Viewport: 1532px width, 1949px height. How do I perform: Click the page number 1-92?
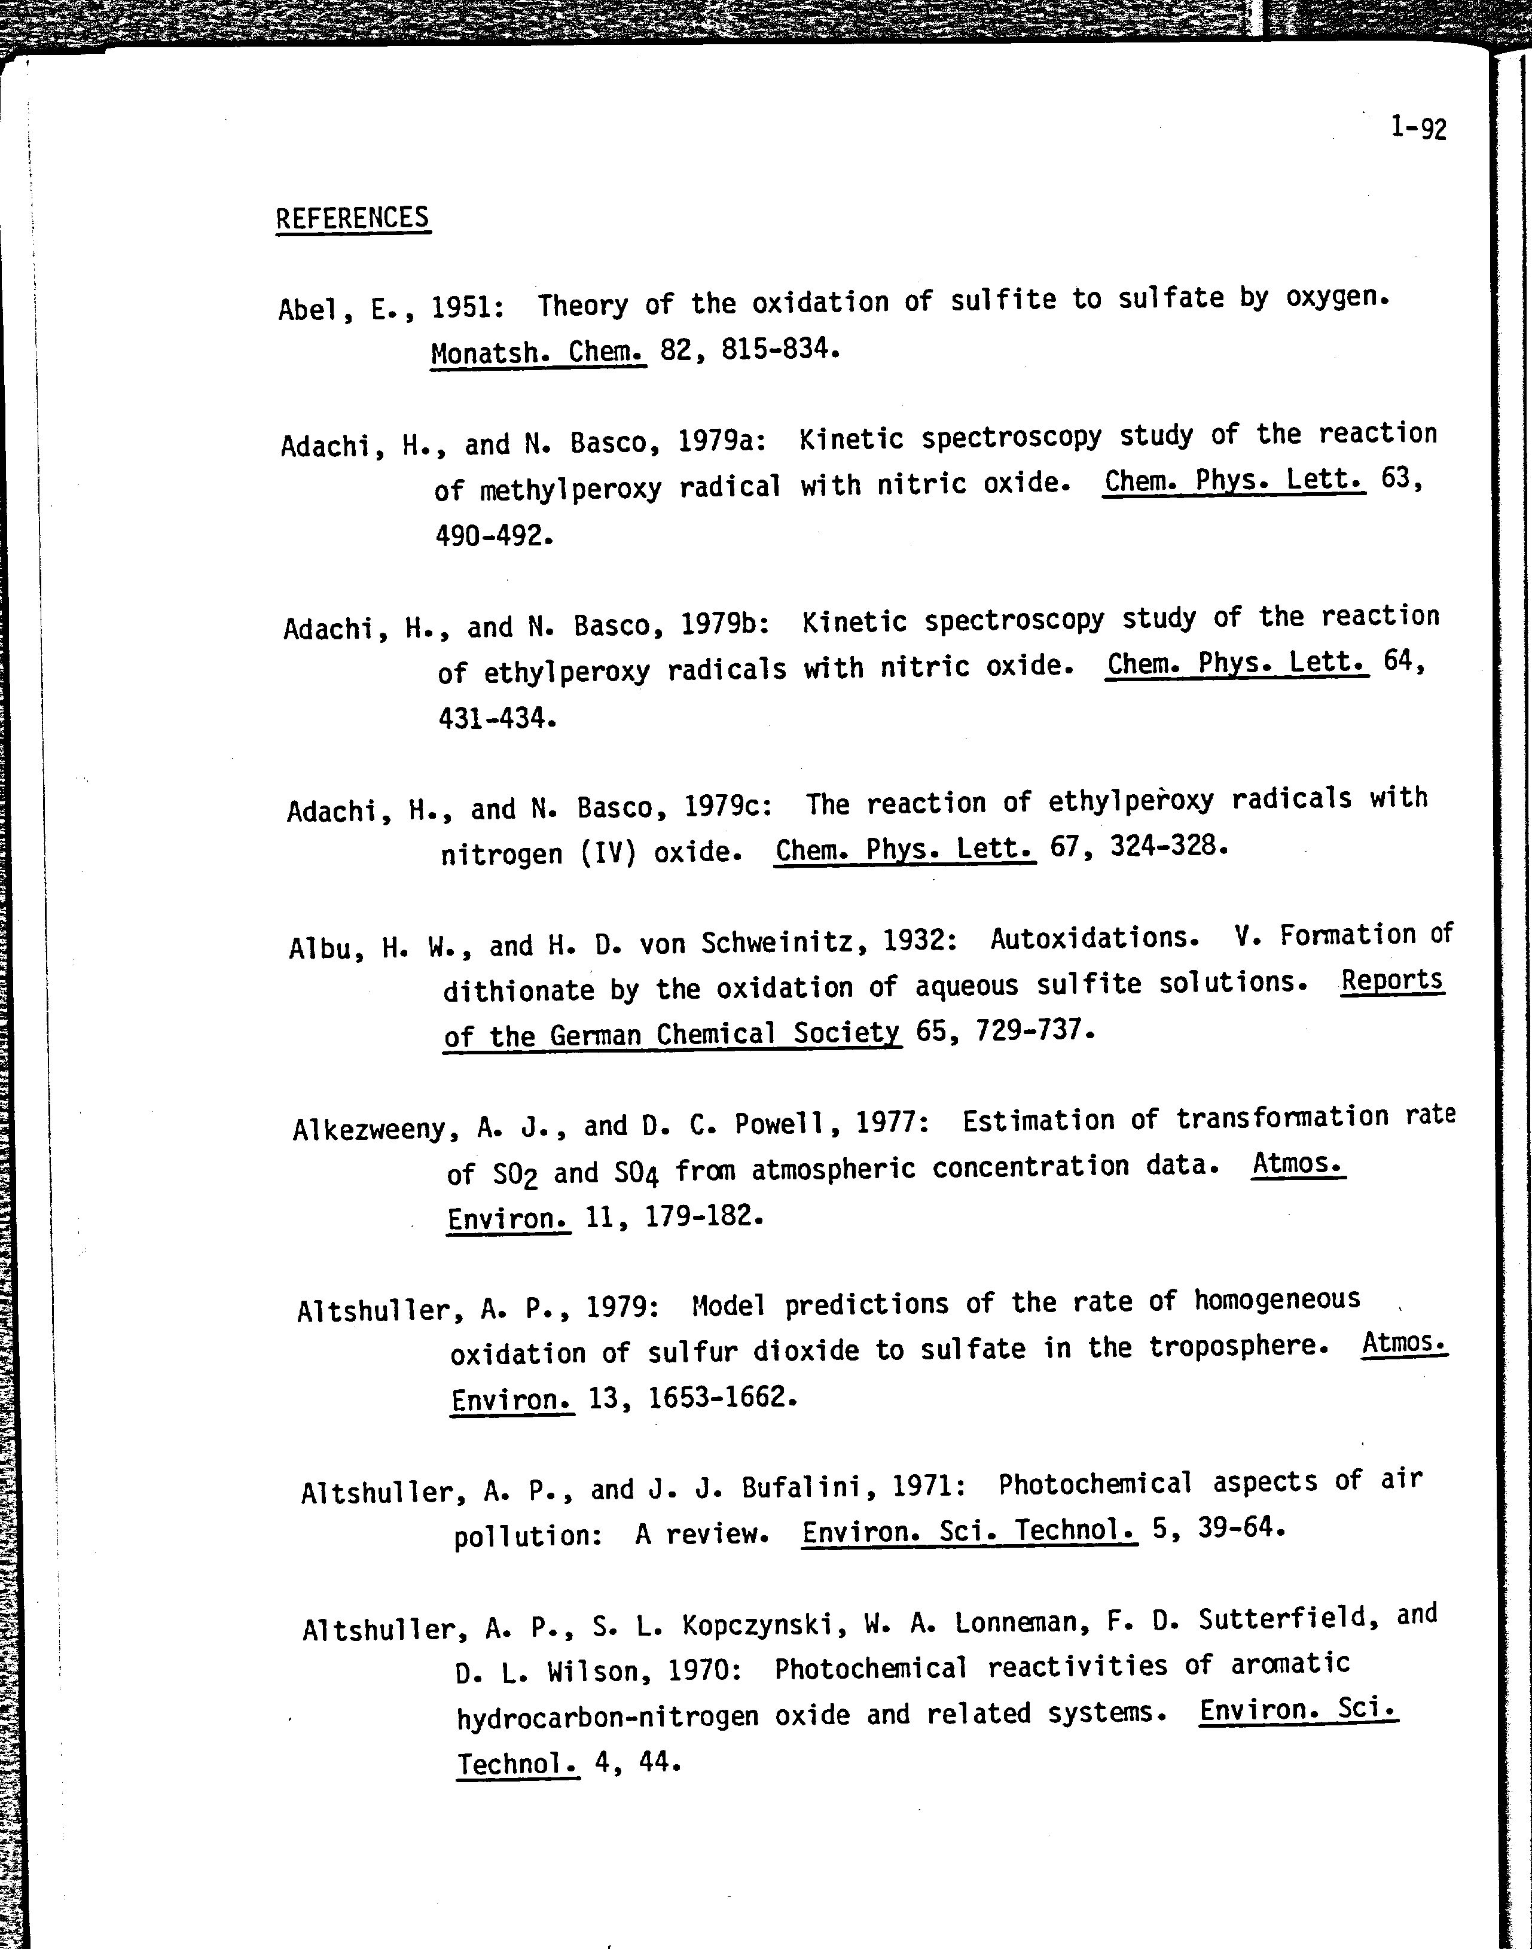point(1418,128)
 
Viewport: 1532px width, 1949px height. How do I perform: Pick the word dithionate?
point(518,991)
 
